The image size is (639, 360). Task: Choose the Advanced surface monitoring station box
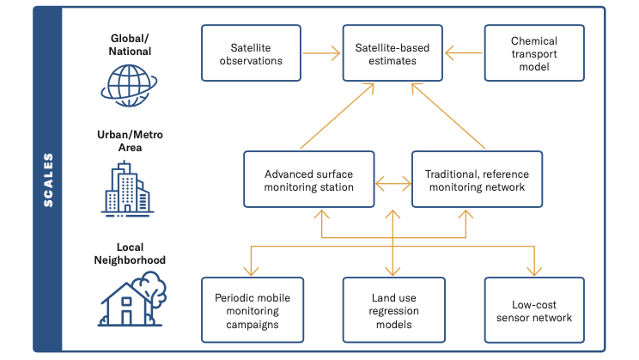pyautogui.click(x=309, y=180)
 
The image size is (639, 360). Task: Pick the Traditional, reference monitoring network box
pyautogui.click(x=477, y=180)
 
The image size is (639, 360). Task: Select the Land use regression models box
pyautogui.click(x=393, y=310)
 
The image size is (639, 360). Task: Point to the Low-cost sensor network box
pyautogui.click(x=534, y=310)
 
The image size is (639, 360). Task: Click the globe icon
pyautogui.click(x=130, y=86)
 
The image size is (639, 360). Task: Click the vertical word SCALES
pyautogui.click(x=48, y=180)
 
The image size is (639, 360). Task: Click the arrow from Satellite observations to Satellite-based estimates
pyautogui.click(x=322, y=53)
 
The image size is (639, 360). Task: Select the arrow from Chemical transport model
pyautogui.click(x=464, y=53)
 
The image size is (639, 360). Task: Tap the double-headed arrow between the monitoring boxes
pyautogui.click(x=393, y=183)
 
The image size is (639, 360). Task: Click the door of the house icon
pyautogui.click(x=127, y=317)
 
